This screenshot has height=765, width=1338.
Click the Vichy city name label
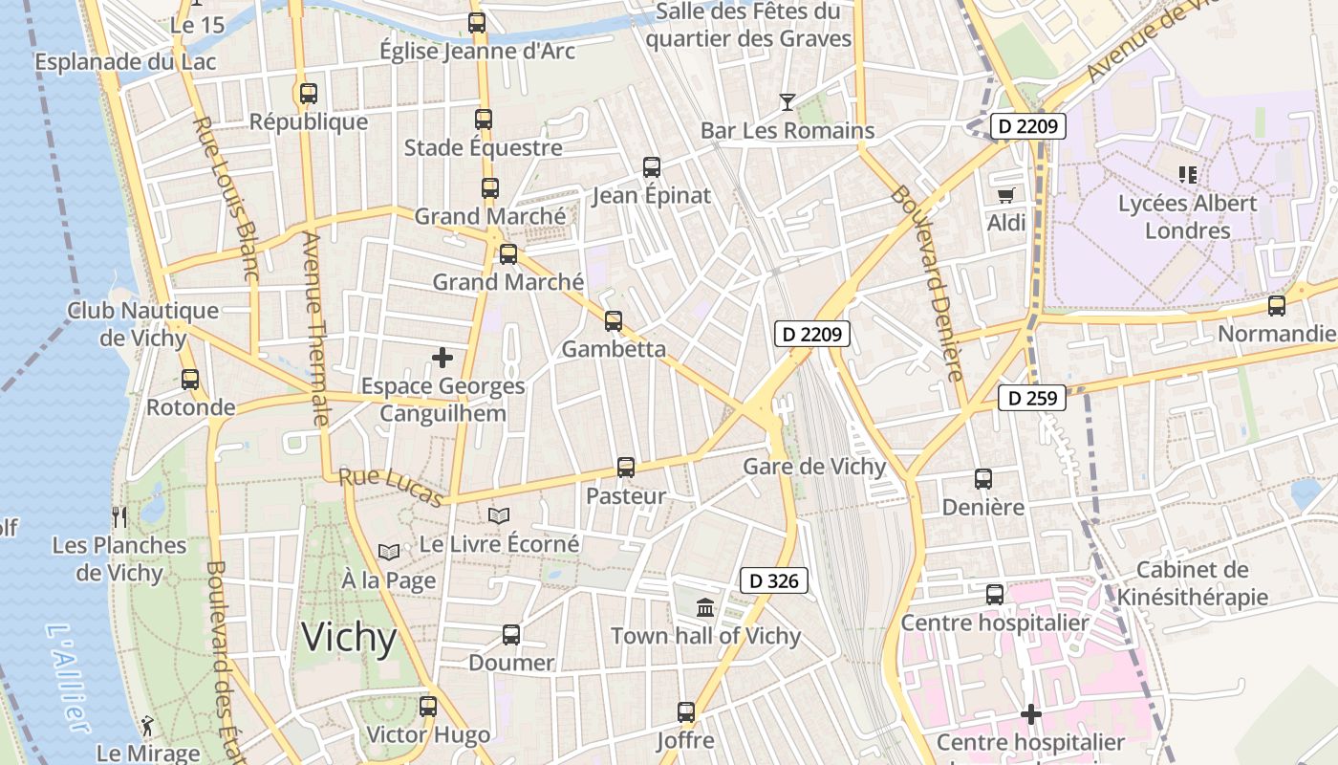(349, 637)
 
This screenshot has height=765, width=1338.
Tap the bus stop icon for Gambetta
(614, 321)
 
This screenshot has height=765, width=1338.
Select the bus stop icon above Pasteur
(626, 468)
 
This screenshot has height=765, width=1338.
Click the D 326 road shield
(774, 580)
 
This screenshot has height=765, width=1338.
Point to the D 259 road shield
(1032, 398)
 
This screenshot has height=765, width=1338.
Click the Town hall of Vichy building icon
(705, 607)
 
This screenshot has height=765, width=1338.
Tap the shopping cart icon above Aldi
(1005, 195)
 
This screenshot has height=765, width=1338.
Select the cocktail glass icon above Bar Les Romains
(787, 101)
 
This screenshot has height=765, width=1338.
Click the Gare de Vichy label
(814, 468)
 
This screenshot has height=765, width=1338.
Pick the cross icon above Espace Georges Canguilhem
(442, 359)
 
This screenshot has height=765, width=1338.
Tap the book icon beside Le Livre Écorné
(499, 515)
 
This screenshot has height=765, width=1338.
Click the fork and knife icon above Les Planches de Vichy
(119, 517)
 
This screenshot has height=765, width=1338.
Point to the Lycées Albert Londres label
(1187, 217)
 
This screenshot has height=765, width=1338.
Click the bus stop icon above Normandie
(1277, 306)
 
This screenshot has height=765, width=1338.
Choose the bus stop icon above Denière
(983, 479)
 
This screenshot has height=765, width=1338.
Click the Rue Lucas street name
(392, 487)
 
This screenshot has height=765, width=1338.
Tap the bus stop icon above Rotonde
(190, 380)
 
